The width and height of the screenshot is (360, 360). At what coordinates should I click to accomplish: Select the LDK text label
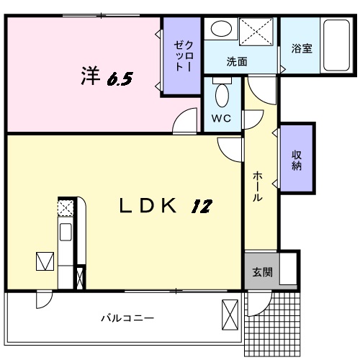tap(148, 207)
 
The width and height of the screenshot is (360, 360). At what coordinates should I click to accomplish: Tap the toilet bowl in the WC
tap(222, 93)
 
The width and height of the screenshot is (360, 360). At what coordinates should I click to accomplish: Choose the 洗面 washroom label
tap(237, 62)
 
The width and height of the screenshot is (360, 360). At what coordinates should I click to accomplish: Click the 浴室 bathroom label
tap(301, 49)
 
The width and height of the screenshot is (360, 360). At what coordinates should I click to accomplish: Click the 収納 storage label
tap(296, 159)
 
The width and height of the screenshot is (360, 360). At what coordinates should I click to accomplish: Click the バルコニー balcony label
tap(127, 317)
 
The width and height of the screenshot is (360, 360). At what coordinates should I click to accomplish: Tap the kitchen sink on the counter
tap(65, 233)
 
